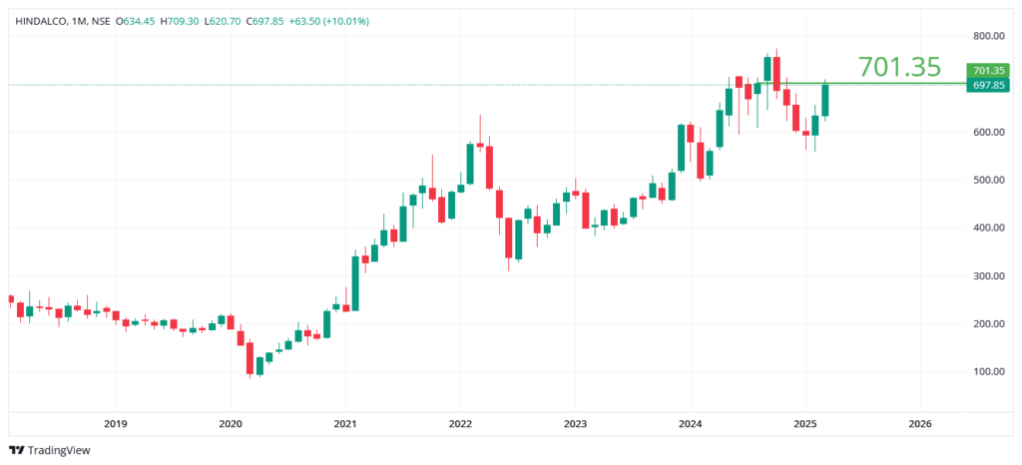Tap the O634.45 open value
click(x=137, y=21)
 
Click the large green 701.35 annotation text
click(x=899, y=67)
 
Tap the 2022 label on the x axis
click(x=459, y=423)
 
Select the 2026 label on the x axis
click(x=920, y=423)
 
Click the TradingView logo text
click(x=58, y=450)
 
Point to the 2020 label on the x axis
click(x=230, y=423)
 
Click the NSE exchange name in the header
click(x=99, y=21)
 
